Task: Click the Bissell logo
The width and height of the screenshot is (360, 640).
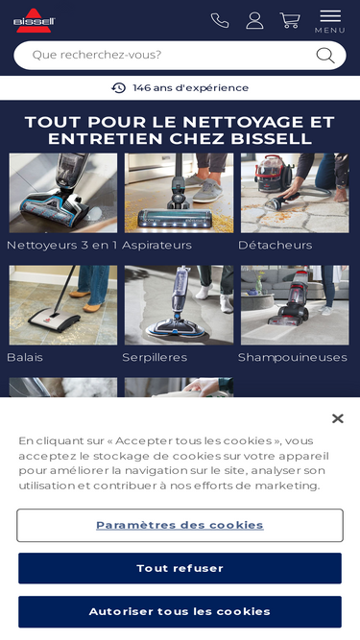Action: tap(34, 20)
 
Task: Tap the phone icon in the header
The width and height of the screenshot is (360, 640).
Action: tap(220, 20)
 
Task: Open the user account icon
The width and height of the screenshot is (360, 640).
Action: tap(254, 20)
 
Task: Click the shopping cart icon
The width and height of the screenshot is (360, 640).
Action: tap(290, 20)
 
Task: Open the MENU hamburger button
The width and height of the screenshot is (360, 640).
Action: tap(330, 21)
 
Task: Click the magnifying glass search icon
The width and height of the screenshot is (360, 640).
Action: tap(325, 56)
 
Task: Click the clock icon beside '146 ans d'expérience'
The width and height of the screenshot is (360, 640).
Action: tap(118, 87)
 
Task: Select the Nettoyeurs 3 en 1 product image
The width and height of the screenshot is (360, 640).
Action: tap(63, 193)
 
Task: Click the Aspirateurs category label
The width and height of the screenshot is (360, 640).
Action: tap(156, 245)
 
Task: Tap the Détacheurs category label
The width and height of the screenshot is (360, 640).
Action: tap(275, 245)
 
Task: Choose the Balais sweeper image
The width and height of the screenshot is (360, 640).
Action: tap(63, 305)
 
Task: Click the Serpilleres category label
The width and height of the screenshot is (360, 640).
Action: tap(155, 357)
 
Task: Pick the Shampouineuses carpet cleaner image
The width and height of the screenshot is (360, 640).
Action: tap(295, 305)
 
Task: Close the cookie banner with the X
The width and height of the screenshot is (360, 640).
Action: tap(338, 418)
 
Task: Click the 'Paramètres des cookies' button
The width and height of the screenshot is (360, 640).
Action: tap(180, 525)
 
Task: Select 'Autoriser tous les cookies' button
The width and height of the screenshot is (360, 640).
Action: tap(180, 611)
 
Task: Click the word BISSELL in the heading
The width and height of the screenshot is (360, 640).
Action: tap(272, 139)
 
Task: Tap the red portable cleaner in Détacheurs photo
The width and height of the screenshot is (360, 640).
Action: tap(274, 174)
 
